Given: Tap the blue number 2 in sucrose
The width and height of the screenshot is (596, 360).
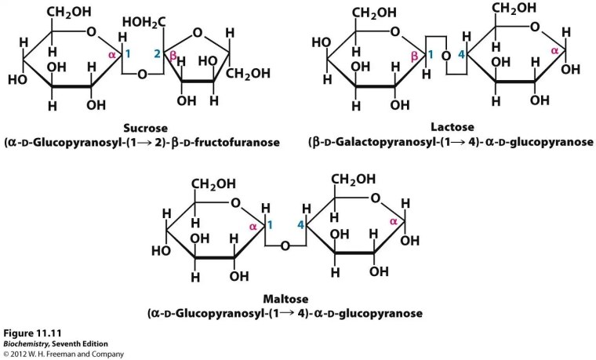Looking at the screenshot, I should (157, 54).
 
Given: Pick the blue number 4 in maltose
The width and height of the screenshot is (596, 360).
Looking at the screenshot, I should (300, 226).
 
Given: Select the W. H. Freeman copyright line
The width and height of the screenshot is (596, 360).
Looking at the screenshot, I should (63, 354).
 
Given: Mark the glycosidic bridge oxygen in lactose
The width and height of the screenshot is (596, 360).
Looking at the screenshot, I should (445, 56).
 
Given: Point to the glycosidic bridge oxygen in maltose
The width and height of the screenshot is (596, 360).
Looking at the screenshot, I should (285, 245).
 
